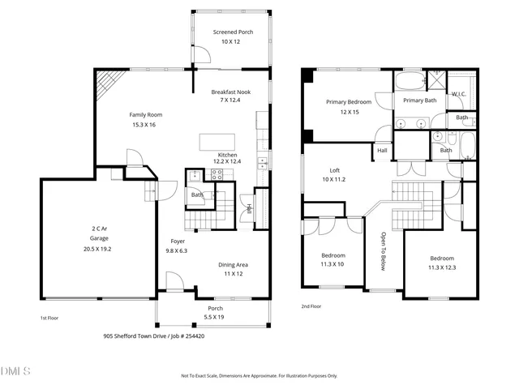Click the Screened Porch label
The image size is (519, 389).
pos(233,32)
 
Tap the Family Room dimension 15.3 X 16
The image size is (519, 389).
pos(144,125)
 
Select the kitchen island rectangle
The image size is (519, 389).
pos(217,143)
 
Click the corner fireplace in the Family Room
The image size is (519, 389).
pos(109,83)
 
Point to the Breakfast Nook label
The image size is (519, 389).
pos(231,92)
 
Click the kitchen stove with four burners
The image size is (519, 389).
pos(217,174)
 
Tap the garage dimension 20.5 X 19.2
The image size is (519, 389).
pos(97,249)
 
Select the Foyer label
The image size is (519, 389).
pos(178,242)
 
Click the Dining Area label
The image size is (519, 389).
pos(233,265)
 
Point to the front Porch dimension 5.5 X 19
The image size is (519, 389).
pos(214,317)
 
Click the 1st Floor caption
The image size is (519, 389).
pos(49,318)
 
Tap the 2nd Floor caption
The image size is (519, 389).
pos(311,306)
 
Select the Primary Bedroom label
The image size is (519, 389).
pos(349,102)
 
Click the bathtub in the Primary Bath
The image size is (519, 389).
pos(410,81)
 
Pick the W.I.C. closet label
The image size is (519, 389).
pos(459,94)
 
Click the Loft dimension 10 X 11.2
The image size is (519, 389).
pos(334,179)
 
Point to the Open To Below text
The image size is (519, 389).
pos(384,251)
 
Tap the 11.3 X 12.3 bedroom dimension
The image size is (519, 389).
pos(442,267)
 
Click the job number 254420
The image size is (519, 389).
pos(194,336)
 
